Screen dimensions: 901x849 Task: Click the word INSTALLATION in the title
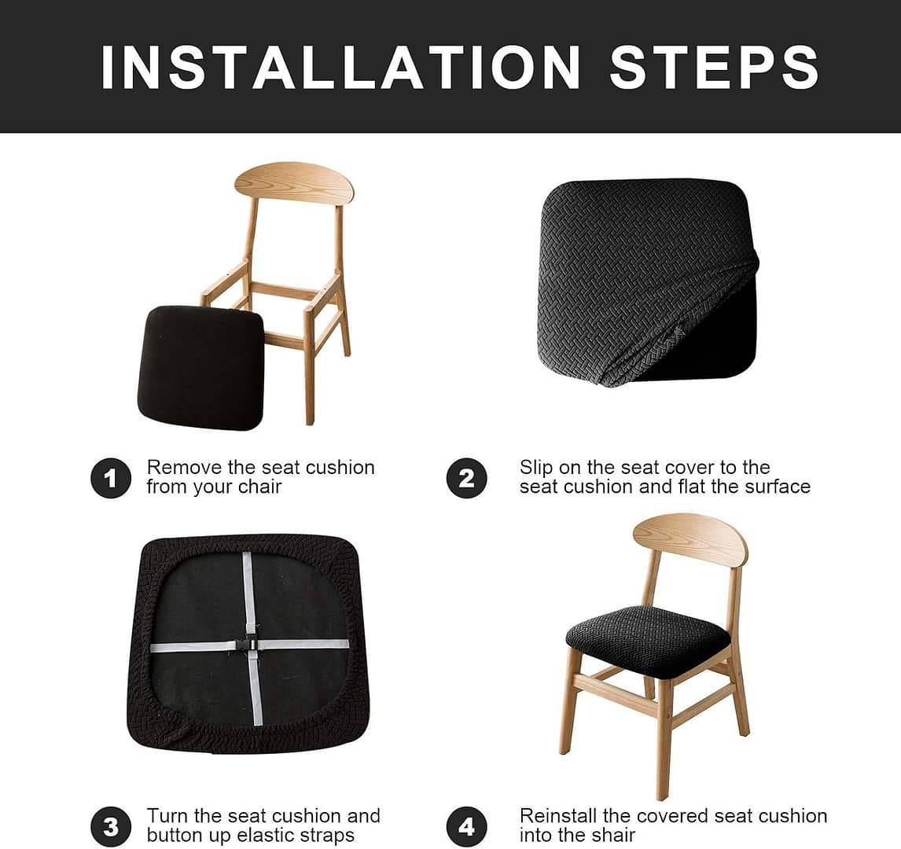click(x=340, y=67)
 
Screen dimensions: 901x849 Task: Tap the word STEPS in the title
click(x=714, y=67)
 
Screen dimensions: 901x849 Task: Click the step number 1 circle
click(x=111, y=478)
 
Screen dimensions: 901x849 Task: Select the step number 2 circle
click(x=466, y=478)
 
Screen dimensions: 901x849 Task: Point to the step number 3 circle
click(x=111, y=827)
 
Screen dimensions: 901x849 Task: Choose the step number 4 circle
click(x=466, y=827)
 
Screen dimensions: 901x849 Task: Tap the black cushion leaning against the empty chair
click(x=201, y=368)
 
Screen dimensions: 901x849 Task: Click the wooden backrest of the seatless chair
click(x=294, y=182)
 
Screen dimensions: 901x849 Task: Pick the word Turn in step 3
click(x=167, y=816)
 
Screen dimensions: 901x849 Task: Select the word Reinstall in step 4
click(x=558, y=816)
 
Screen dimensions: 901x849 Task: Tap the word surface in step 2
click(x=778, y=487)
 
